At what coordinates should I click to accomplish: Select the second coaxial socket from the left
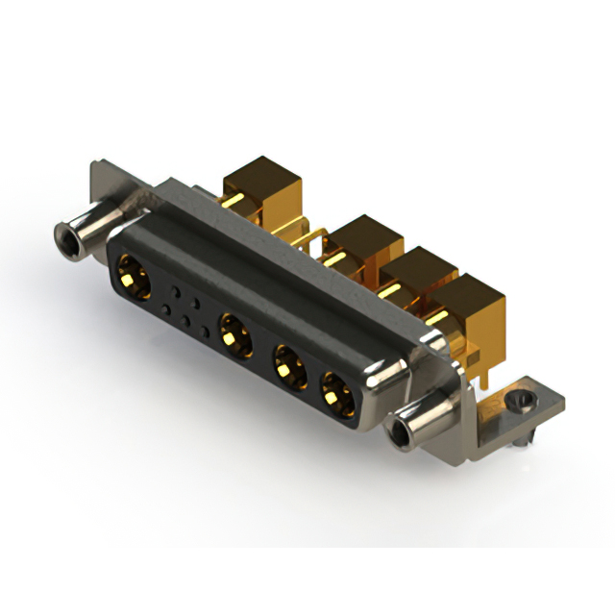pyautogui.click(x=234, y=335)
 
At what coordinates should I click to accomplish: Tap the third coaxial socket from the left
pyautogui.click(x=286, y=365)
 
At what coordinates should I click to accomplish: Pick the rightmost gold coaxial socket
pyautogui.click(x=336, y=392)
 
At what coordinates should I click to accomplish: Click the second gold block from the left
pyautogui.click(x=363, y=240)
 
